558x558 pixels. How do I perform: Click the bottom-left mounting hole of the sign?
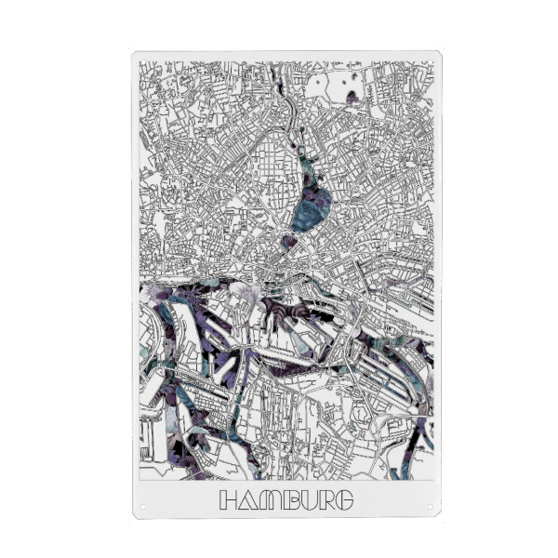[x=143, y=508]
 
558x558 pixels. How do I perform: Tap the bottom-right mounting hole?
[x=431, y=508]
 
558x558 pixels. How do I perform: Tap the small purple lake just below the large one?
[x=290, y=241]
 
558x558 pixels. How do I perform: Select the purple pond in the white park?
[x=352, y=96]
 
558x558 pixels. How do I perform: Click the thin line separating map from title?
[x=286, y=480]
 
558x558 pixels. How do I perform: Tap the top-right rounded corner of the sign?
[x=437, y=55]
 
